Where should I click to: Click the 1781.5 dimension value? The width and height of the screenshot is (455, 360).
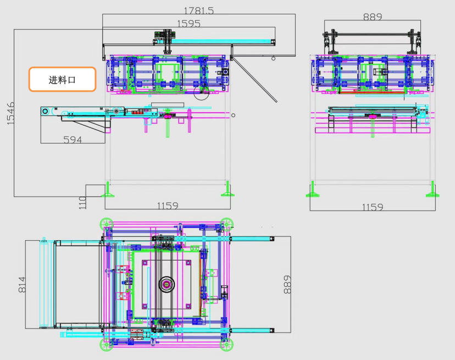point(199,10)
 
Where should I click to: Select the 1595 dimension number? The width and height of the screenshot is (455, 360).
point(188,24)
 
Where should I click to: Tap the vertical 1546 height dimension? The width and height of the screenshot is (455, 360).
point(10,114)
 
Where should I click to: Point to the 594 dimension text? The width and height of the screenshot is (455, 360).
point(73,140)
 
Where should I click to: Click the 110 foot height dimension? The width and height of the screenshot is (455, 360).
point(82,203)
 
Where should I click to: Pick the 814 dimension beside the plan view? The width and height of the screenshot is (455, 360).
point(22,285)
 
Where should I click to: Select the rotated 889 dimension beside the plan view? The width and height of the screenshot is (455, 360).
point(287,285)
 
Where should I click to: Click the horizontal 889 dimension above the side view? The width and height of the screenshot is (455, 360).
point(373,17)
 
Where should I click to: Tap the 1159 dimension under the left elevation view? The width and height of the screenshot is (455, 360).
point(168,206)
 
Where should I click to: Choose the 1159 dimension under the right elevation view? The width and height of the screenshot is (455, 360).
point(373,207)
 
